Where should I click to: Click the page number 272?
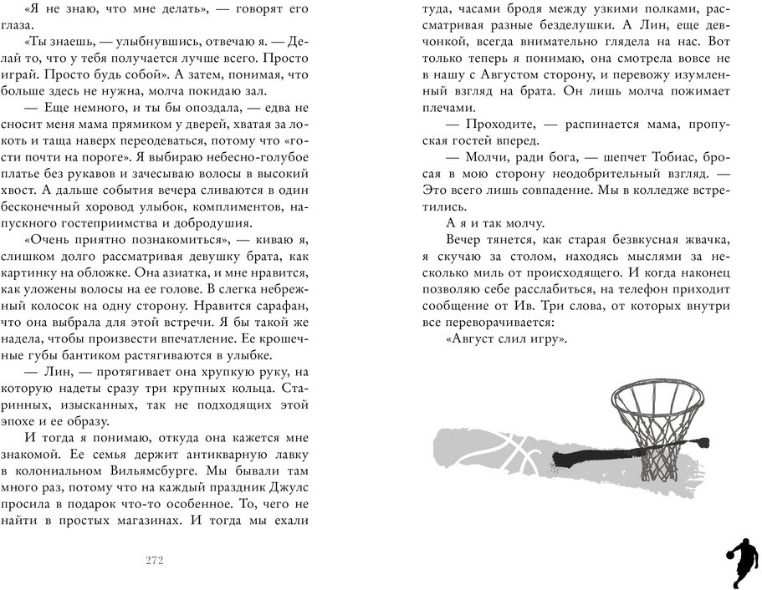click(153, 560)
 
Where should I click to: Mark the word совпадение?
click(554, 191)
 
